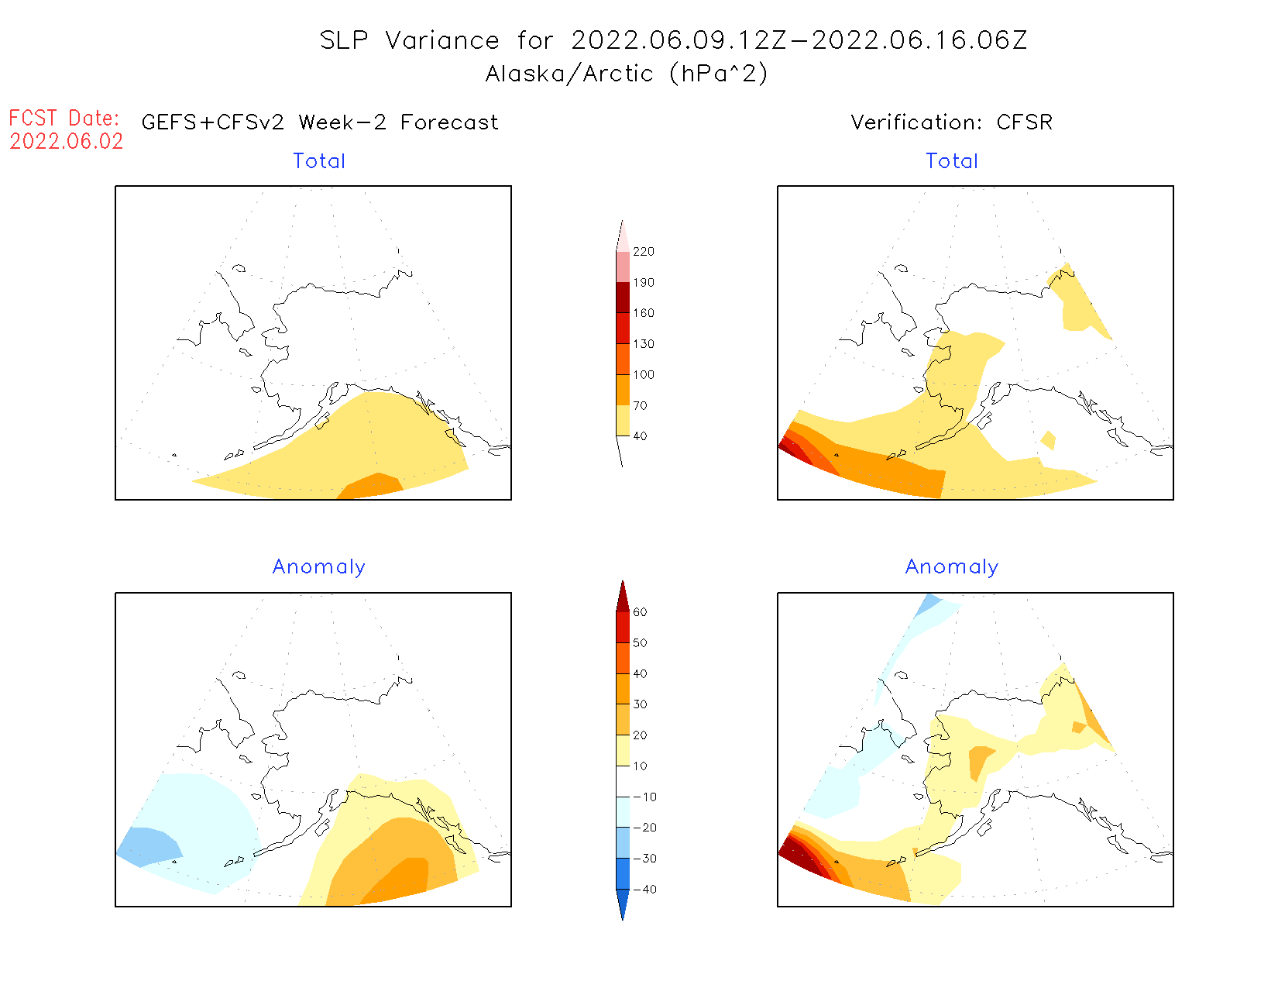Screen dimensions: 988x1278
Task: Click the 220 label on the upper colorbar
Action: [x=643, y=252]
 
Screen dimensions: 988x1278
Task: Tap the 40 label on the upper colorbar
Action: [x=640, y=436]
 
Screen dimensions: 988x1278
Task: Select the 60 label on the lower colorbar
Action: [x=640, y=612]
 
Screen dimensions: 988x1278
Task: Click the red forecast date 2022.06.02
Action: [x=67, y=142]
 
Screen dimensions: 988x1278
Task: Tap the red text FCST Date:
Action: [x=64, y=119]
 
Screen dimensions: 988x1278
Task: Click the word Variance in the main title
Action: [x=442, y=40]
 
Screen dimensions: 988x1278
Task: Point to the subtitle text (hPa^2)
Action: [x=719, y=74]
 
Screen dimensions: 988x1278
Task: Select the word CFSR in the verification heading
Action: [x=1025, y=122]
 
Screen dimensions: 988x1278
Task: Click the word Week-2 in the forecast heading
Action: [x=342, y=122]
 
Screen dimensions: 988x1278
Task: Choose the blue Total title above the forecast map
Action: [x=319, y=161]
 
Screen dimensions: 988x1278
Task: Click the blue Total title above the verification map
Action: [x=952, y=161]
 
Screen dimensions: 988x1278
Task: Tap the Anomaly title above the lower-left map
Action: [x=319, y=567]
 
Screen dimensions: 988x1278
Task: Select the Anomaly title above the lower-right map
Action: [x=952, y=567]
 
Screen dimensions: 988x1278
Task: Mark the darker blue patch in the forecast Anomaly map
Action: [x=147, y=845]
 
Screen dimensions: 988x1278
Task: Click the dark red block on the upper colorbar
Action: [x=623, y=298]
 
